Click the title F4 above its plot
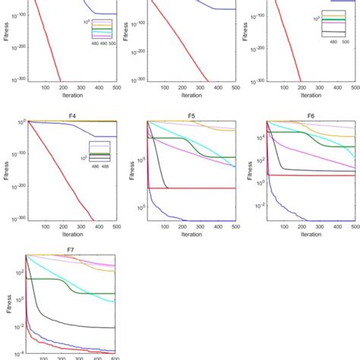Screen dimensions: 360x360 pyautogui.click(x=71, y=116)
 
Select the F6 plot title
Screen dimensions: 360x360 pyautogui.click(x=311, y=116)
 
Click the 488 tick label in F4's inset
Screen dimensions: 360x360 pyautogui.click(x=108, y=165)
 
